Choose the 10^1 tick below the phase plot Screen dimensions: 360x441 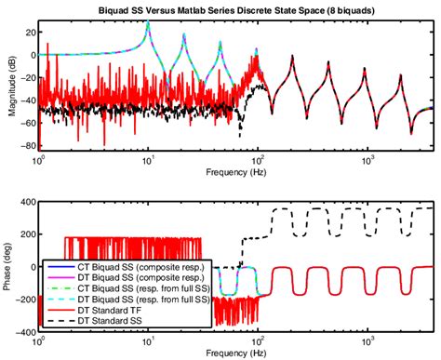click(147, 340)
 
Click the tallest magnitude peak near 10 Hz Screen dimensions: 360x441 click(147, 22)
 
